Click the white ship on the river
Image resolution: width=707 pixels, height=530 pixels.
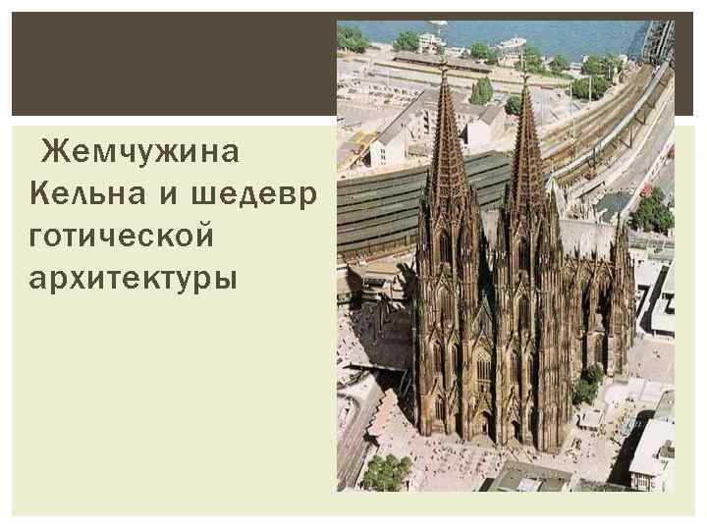tap(511, 43)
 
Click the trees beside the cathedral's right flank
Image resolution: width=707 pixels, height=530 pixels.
tap(588, 383)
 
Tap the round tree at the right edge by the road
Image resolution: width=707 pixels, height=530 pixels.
tap(654, 211)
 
